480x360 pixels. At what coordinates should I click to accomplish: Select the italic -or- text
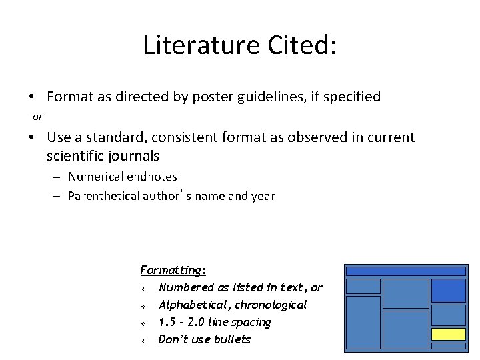pyautogui.click(x=37, y=117)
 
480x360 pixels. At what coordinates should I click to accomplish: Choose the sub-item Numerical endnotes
pyautogui.click(x=123, y=177)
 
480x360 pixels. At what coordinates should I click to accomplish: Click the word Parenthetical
pyautogui.click(x=104, y=196)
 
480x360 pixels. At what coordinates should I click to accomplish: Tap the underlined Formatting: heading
pyautogui.click(x=173, y=270)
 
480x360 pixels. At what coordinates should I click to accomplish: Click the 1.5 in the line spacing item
pyautogui.click(x=167, y=322)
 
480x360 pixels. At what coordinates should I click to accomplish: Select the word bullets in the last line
pyautogui.click(x=234, y=339)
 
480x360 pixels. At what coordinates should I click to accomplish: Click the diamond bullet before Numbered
pyautogui.click(x=143, y=289)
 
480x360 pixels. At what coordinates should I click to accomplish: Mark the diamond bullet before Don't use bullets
pyautogui.click(x=143, y=341)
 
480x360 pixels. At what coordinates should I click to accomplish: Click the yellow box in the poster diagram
pyautogui.click(x=448, y=334)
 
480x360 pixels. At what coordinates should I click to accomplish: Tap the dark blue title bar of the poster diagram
pyautogui.click(x=405, y=271)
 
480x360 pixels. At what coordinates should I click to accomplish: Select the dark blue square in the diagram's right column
pyautogui.click(x=448, y=290)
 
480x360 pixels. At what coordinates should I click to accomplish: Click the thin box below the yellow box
pyautogui.click(x=448, y=345)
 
